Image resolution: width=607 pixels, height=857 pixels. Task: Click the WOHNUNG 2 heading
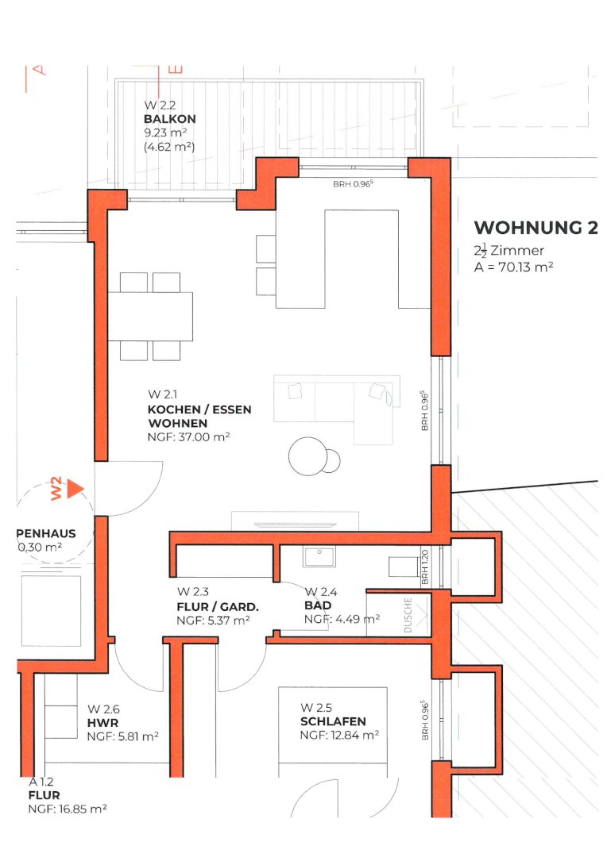coord(535,228)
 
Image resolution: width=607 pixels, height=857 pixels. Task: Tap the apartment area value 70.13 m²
coord(525,267)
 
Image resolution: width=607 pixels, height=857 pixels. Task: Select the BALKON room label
coord(170,119)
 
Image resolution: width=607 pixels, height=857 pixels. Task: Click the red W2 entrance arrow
coord(75,489)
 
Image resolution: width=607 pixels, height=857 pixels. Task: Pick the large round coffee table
coord(307,456)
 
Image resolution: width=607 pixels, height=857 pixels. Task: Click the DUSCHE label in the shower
coord(408,616)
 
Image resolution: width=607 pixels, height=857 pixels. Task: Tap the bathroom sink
coord(319,555)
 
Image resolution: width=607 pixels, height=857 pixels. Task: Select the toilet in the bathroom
coord(404,567)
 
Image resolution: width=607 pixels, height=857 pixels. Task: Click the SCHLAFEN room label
coord(333,721)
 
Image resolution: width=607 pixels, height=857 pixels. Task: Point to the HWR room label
coord(103,723)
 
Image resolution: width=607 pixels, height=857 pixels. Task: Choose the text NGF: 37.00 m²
coord(189,437)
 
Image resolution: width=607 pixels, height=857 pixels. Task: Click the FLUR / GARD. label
coord(218,607)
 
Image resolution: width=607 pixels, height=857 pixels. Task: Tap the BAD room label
coord(318,605)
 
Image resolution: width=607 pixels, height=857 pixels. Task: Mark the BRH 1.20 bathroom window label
coord(425,567)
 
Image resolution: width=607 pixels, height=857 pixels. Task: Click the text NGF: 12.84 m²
coord(339,736)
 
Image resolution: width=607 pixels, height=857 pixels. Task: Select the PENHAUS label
coord(46,534)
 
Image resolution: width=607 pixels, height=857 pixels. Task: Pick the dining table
coord(150,317)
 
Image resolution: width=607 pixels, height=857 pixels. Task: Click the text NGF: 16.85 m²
coord(68,809)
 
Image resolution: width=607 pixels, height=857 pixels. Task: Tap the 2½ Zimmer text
coord(509,251)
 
